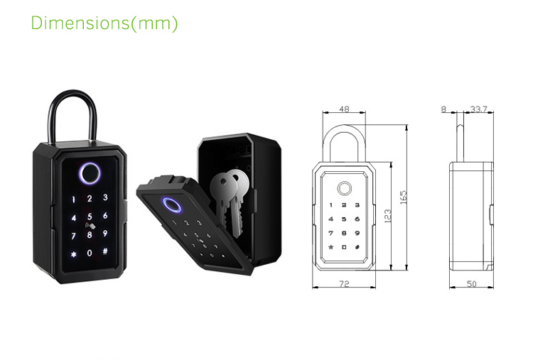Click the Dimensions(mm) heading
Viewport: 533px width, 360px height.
coord(104,23)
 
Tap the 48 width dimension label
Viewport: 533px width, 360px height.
coord(344,109)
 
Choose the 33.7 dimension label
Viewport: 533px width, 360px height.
coord(478,109)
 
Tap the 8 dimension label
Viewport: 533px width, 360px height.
coord(443,109)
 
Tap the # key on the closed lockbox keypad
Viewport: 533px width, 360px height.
coord(104,252)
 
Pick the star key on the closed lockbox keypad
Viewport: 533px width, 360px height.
coord(73,253)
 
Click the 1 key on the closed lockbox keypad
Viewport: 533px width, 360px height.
coord(74,199)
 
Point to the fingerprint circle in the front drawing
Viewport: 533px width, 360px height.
coord(344,190)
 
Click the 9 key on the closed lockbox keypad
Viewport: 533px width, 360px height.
coord(105,234)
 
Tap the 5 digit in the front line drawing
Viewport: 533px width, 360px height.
coord(344,219)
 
